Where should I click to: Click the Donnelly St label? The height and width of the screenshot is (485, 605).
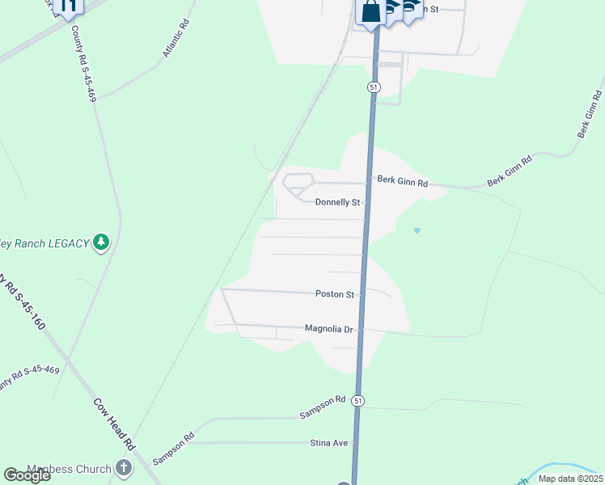click(337, 202)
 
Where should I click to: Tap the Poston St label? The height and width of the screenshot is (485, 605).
click(335, 295)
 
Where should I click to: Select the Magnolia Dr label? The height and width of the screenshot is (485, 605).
click(330, 329)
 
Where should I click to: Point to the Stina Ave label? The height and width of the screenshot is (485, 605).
click(328, 443)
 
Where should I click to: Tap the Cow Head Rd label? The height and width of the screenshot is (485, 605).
click(114, 424)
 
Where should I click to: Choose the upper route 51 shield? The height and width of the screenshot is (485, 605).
click(373, 86)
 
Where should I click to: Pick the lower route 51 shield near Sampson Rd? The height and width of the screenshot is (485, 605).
click(358, 400)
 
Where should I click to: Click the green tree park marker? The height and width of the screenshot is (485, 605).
click(101, 242)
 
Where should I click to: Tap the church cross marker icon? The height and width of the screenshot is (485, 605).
click(123, 467)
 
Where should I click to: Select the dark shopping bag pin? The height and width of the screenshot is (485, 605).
click(371, 12)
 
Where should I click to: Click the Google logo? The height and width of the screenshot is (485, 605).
click(27, 475)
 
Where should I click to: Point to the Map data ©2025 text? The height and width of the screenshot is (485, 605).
click(569, 479)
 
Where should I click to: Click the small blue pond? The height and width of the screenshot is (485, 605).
click(417, 231)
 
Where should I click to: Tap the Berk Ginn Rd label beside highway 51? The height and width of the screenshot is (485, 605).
click(402, 182)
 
